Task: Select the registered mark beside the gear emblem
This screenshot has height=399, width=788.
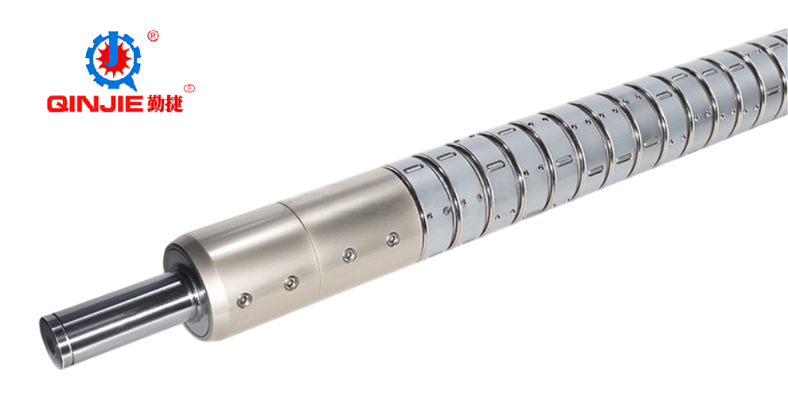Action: [x=153, y=35]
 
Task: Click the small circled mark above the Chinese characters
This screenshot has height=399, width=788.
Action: [x=189, y=88]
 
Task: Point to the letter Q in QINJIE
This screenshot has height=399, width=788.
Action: [x=57, y=104]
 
